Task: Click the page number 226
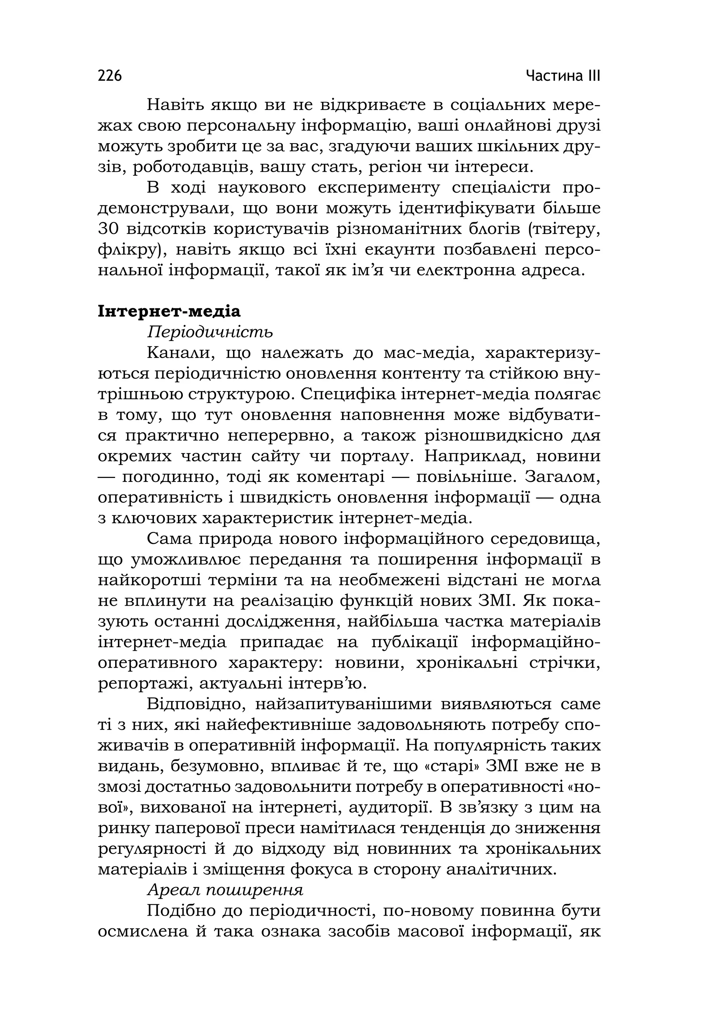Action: (x=109, y=75)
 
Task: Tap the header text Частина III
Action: (x=563, y=75)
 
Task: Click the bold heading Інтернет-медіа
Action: (x=169, y=311)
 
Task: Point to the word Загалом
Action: (x=562, y=477)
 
